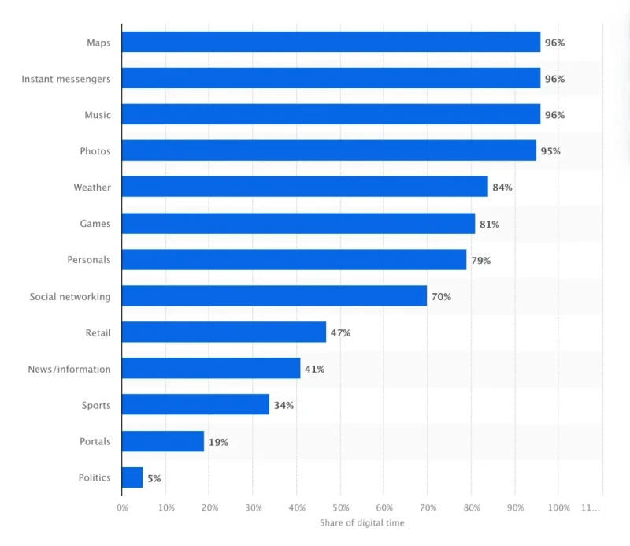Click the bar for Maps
coord(331,42)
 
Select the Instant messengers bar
coord(331,78)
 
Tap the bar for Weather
coord(305,187)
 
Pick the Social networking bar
coord(274,296)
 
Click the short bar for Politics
coord(132,477)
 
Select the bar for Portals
coord(163,441)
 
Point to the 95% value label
coord(550,151)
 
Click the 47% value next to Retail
coord(340,333)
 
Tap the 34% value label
coord(283,406)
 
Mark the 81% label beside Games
coord(489,225)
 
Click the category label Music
coord(98,115)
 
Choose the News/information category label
coord(69,369)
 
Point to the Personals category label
coord(89,260)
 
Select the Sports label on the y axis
coord(96,405)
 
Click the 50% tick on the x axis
coord(340,508)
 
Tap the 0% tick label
coord(122,508)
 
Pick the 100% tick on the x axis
coord(558,508)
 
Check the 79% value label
coord(480,261)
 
